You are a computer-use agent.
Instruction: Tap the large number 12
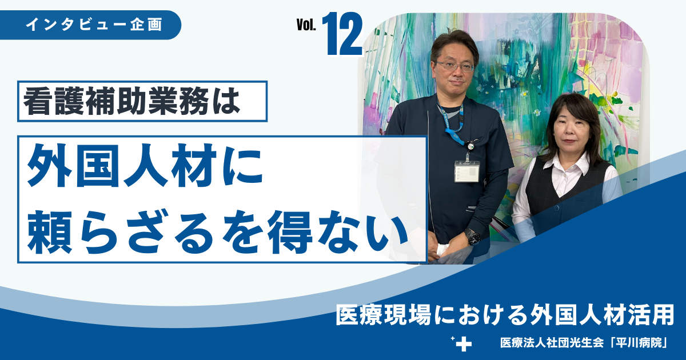(345, 35)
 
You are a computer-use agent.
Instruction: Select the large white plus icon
(465, 345)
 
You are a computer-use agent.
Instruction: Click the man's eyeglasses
(454, 66)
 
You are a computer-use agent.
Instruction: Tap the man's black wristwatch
(473, 237)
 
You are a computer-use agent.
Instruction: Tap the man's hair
(454, 43)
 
